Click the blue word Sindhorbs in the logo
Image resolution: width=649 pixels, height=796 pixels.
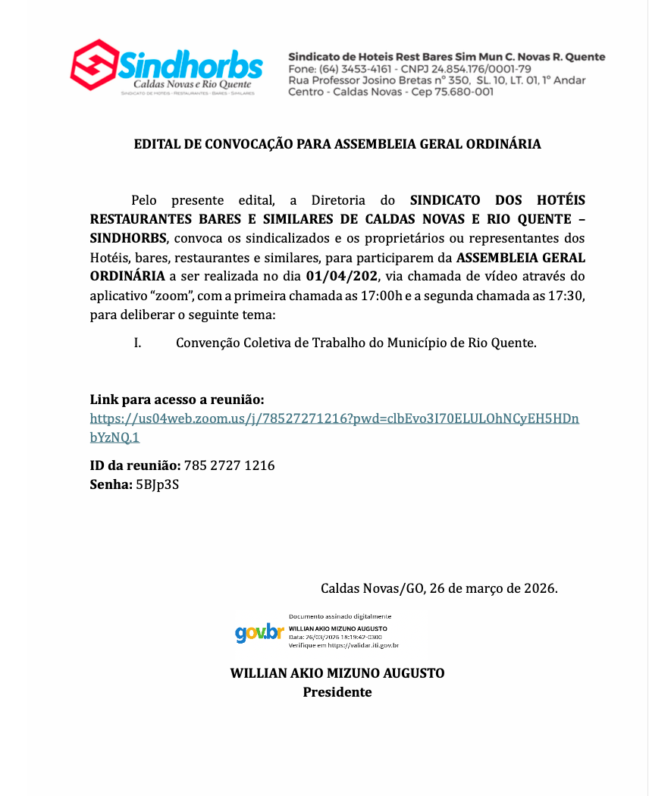pos(191,65)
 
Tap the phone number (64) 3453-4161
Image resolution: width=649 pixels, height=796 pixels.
pos(350,69)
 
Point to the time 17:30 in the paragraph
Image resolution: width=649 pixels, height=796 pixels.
pos(568,295)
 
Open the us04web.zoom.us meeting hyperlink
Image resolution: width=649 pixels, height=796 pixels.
pos(334,418)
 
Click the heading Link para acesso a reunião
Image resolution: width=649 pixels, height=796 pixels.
pos(177,400)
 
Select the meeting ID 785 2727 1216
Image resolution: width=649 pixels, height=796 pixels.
pos(229,465)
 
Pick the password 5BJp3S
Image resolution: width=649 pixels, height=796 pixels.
pos(157,484)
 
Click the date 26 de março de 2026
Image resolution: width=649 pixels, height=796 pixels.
pos(493,588)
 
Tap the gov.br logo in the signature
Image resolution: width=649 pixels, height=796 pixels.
pos(259,633)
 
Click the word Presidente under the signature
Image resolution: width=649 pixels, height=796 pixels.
pos(337,692)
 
